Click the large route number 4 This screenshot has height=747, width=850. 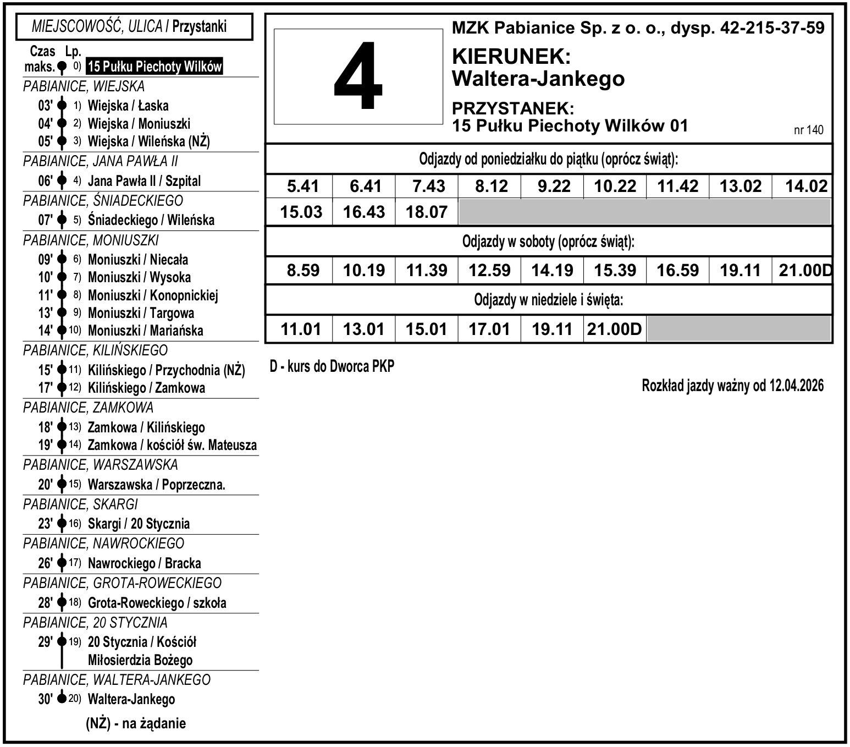pos(358,77)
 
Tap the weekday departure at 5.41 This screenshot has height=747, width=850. pos(303,186)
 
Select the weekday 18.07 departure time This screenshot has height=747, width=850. pos(427,212)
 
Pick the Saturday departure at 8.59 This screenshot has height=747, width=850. pos(303,271)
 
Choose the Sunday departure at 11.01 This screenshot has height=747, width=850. pos(301,329)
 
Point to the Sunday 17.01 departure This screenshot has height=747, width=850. pos(489,329)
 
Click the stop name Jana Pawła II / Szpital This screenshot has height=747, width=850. pos(144,181)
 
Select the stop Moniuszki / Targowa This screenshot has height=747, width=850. pos(141,313)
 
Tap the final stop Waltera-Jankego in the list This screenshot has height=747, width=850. pos(131,700)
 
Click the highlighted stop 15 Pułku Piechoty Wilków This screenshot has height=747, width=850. pos(154,67)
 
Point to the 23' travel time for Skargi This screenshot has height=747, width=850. pos(46,524)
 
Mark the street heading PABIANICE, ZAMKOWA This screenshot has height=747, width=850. pos(88,408)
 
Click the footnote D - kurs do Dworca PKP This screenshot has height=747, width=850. pos(332,366)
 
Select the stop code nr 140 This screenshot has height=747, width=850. pos(809,130)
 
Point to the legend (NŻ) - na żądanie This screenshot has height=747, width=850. pos(136,723)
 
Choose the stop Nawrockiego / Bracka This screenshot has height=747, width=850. pos(144,563)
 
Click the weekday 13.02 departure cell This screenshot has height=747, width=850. pos(741,186)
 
